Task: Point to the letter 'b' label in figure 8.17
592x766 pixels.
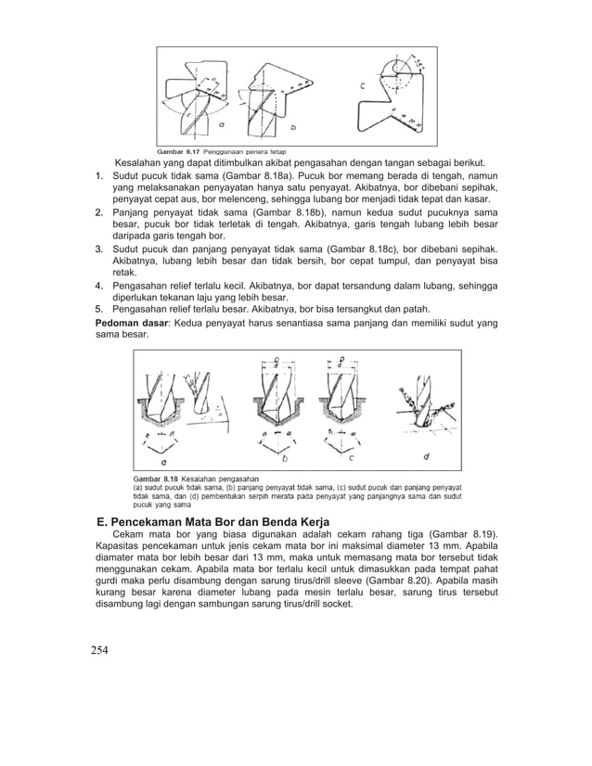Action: (x=293, y=126)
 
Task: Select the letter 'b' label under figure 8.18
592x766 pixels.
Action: (x=284, y=457)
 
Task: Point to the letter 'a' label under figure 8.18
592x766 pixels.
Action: (x=164, y=459)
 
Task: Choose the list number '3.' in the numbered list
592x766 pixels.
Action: (x=100, y=249)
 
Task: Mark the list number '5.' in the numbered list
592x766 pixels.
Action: (x=100, y=309)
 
